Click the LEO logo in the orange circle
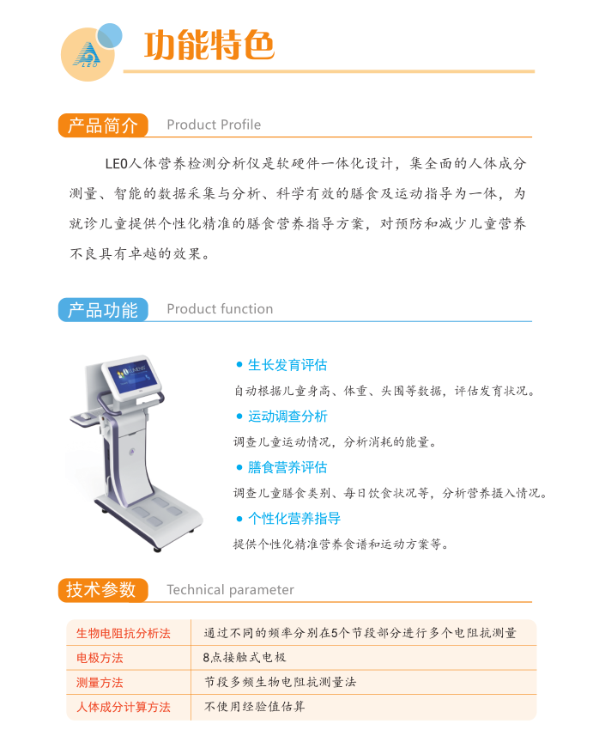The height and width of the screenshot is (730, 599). [x=87, y=54]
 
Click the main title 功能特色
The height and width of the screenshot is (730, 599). [x=209, y=45]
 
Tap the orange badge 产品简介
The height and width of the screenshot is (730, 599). [x=103, y=125]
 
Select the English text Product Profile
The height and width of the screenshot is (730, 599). [x=214, y=125]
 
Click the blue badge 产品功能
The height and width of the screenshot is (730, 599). [x=103, y=310]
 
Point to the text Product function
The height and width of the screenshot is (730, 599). [x=220, y=308]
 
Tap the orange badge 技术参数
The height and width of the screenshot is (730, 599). [x=103, y=590]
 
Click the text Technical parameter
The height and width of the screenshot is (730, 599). [x=230, y=590]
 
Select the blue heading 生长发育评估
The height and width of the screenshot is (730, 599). [x=287, y=365]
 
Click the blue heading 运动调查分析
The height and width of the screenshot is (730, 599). [x=287, y=417]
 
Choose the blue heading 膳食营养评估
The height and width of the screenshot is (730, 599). [x=287, y=467]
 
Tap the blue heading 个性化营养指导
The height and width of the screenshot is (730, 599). [x=293, y=519]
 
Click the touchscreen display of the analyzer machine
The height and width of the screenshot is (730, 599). [x=131, y=375]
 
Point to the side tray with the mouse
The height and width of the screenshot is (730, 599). [x=86, y=417]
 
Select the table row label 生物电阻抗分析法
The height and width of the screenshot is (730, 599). [x=124, y=633]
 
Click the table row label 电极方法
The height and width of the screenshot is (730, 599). [x=100, y=658]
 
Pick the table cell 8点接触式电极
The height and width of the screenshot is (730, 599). [x=245, y=657]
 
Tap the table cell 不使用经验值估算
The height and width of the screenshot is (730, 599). [x=254, y=707]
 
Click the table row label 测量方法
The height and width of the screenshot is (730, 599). [x=100, y=683]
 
